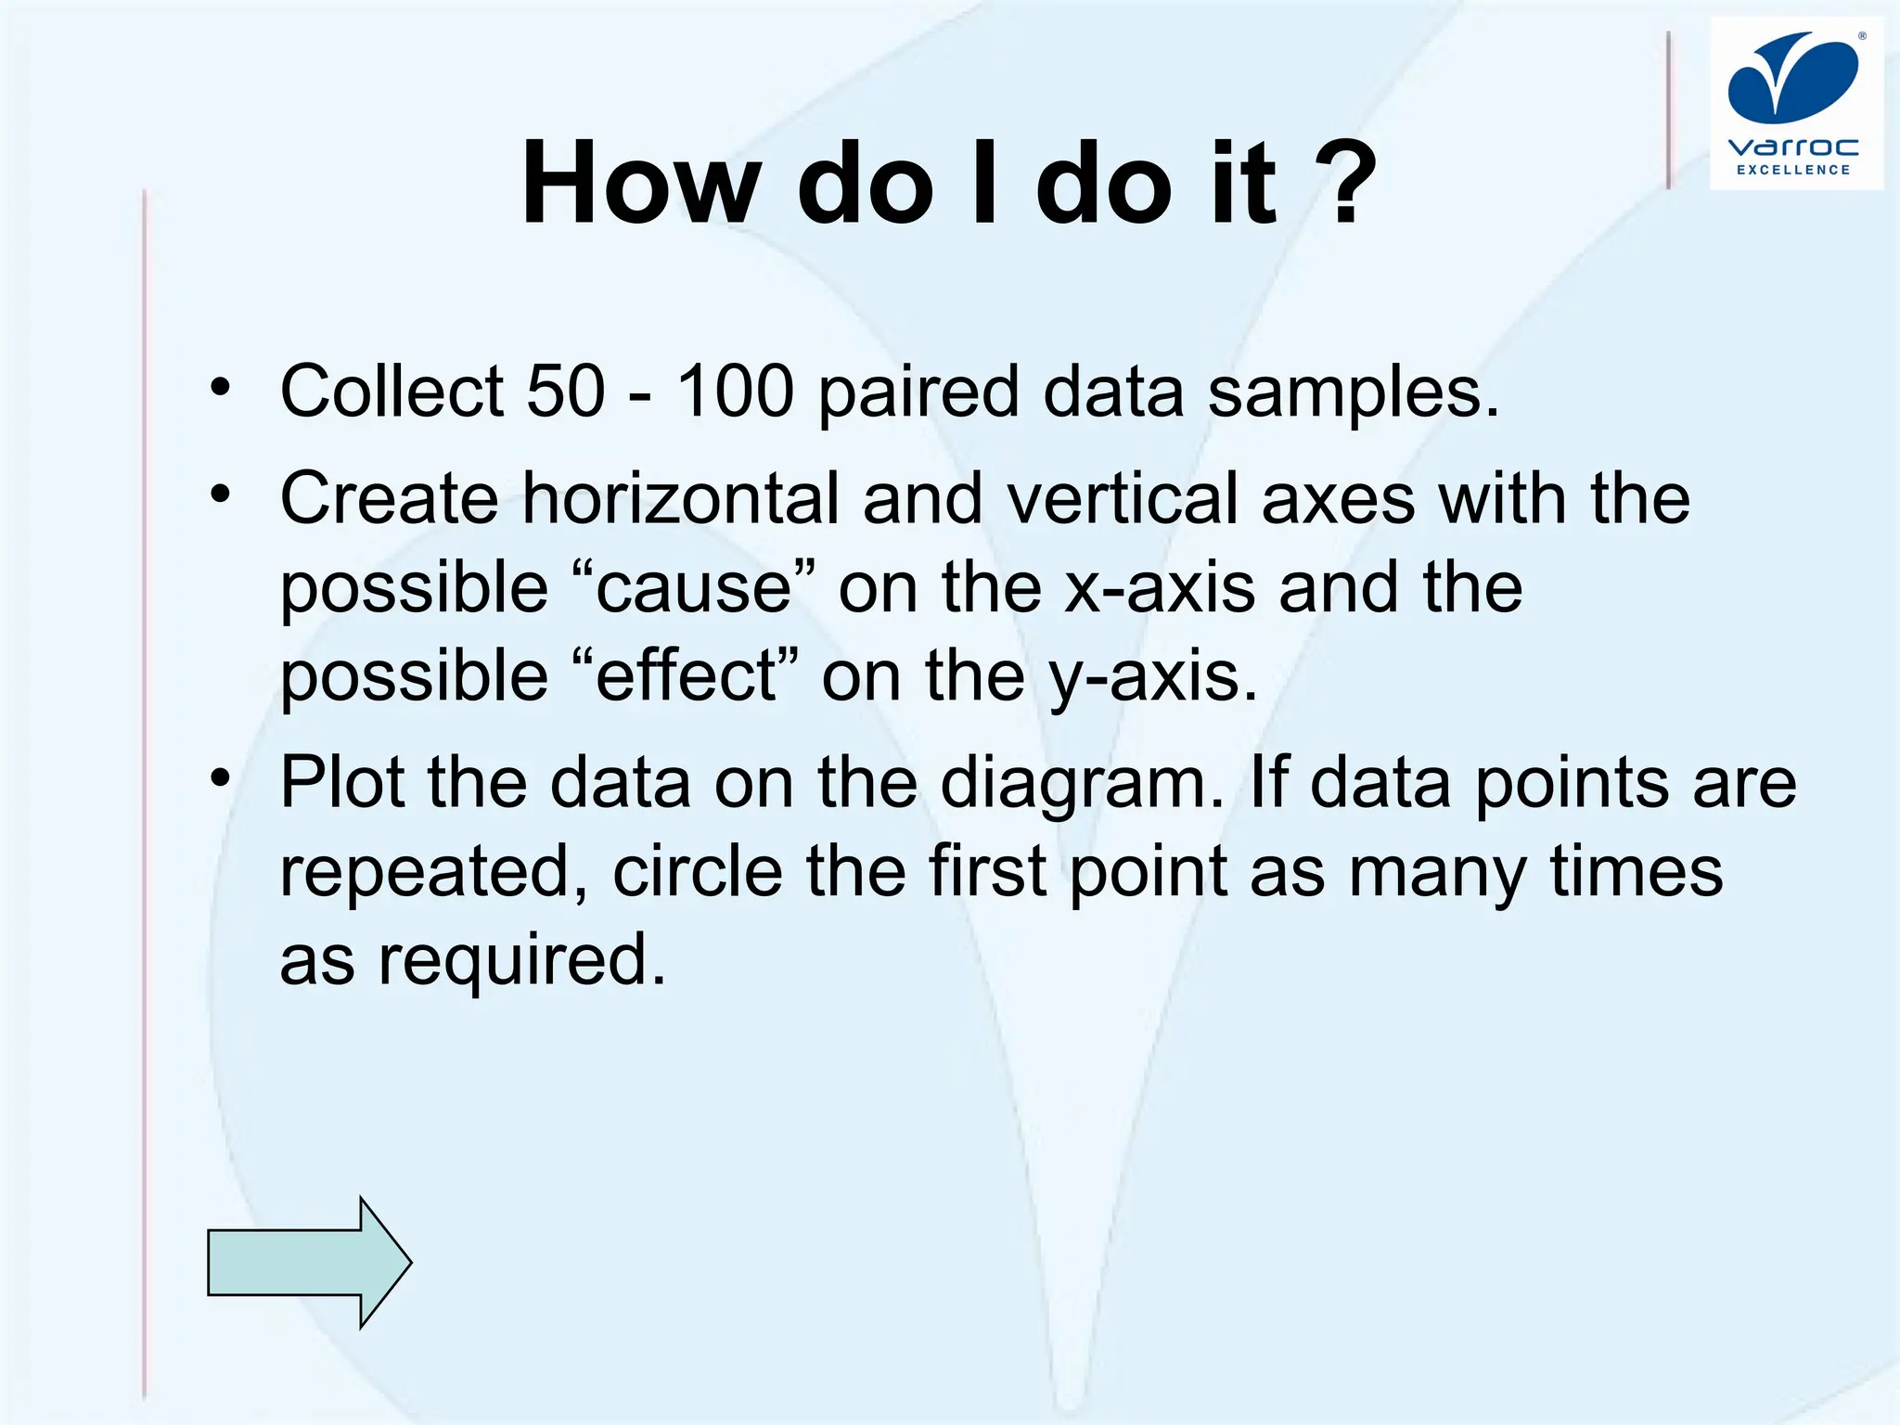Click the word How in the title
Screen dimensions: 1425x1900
640,183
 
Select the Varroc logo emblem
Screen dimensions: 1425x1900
1793,78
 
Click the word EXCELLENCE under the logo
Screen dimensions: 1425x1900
1793,170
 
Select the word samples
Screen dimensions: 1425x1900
1353,392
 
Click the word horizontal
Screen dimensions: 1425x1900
680,498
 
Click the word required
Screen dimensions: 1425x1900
522,960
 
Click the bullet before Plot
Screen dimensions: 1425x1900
219,777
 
